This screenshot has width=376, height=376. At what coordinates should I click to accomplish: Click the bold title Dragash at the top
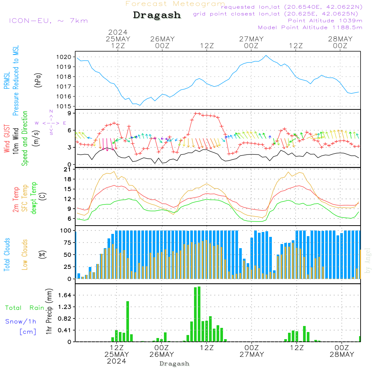pos(157,15)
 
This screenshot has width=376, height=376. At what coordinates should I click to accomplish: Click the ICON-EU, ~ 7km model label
pos(48,21)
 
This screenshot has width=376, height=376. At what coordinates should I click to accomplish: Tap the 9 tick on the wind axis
pos(70,113)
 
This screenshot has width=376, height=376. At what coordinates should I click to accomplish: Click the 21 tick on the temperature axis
pos(68,170)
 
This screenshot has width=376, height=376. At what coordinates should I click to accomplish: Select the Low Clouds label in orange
pos(25,254)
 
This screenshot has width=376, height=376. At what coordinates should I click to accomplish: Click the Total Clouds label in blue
pos(7,255)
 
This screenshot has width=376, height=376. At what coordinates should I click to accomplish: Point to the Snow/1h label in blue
pos(21,321)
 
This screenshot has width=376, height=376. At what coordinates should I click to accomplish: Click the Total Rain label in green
pos(24,308)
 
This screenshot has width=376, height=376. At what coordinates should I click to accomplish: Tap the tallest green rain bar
pos(199,314)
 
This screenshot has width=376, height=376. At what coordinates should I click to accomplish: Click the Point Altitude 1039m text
pos(325,20)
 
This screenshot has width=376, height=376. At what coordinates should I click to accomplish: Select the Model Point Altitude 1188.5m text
pos(310,27)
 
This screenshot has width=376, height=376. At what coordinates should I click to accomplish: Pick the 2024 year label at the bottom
pos(117,361)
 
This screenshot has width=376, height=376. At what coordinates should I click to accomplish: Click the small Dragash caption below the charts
pos(174,364)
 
